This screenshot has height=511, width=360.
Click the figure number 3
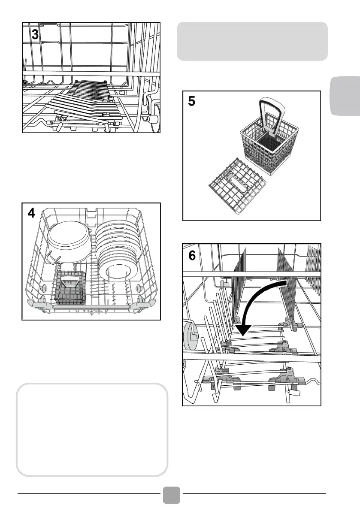[x=35, y=35]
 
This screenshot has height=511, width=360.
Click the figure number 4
[x=32, y=214]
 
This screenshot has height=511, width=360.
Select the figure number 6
[x=193, y=256]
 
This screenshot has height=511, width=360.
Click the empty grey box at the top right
[x=252, y=41]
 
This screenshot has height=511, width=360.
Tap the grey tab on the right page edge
[x=345, y=97]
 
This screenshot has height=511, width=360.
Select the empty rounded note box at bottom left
[x=91, y=429]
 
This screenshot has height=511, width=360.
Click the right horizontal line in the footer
[x=254, y=493]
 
